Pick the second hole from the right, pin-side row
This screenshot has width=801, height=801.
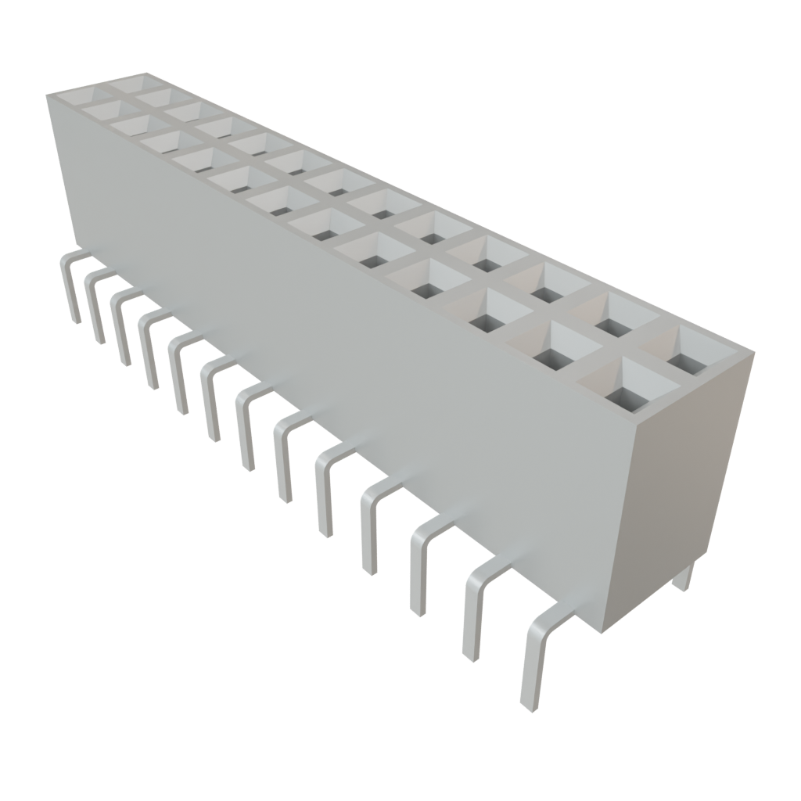coord(551,350)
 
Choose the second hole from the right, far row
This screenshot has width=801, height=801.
coord(613,321)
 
